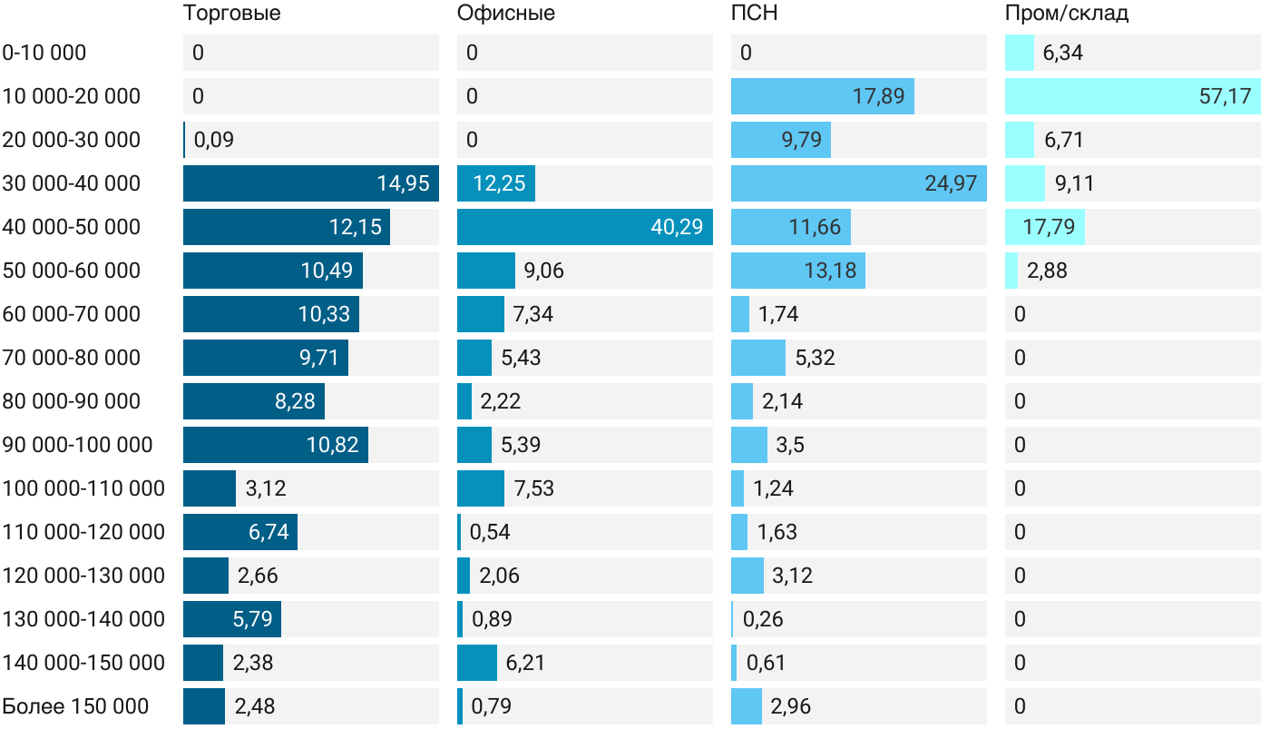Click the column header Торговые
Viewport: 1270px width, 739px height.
point(231,14)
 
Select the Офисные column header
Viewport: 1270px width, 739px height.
point(505,14)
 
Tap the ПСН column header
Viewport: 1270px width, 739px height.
point(754,14)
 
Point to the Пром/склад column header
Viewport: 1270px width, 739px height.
point(1066,14)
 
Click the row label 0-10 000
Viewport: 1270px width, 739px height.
point(44,53)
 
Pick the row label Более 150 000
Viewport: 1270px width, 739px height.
point(75,706)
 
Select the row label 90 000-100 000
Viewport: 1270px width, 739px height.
point(78,445)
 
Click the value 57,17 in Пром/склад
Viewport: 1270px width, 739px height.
point(1225,96)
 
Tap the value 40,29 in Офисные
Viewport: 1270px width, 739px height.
point(677,227)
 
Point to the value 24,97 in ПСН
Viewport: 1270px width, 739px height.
point(951,183)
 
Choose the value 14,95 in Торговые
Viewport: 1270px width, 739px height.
point(403,183)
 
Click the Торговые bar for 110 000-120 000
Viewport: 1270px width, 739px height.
point(240,532)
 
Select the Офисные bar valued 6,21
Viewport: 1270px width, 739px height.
point(477,663)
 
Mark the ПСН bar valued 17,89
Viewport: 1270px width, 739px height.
point(822,96)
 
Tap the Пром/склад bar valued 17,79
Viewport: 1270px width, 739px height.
point(1044,227)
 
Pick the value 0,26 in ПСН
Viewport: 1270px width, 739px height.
point(763,619)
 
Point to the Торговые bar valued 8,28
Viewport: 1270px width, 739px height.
point(254,401)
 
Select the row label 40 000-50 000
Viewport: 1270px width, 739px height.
point(72,227)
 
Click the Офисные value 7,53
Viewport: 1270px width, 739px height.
point(533,488)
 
